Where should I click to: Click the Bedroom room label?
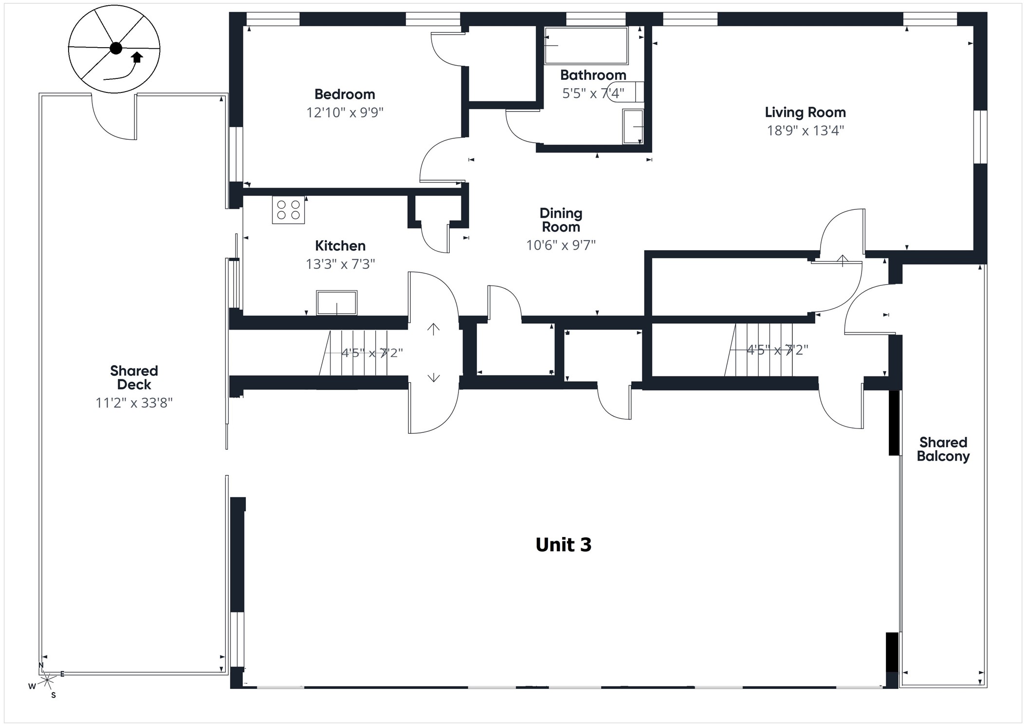345,94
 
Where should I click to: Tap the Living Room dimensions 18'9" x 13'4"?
805,130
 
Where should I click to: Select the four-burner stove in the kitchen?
288,210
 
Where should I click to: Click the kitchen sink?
336,303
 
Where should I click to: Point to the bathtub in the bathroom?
586,46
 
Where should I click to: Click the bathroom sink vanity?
633,127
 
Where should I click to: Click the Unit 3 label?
563,545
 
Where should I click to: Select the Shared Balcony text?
943,449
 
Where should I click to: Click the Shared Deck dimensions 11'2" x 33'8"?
134,403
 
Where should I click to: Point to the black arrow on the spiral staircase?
137,57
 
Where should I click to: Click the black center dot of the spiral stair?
116,48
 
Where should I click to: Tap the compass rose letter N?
41,665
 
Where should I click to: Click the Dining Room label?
561,220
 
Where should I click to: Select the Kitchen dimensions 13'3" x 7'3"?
340,264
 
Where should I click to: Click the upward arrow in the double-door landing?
433,329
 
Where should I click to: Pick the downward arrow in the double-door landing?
433,377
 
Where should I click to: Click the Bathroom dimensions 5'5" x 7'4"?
593,93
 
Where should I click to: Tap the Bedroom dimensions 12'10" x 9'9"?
345,112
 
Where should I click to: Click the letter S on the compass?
54,695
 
